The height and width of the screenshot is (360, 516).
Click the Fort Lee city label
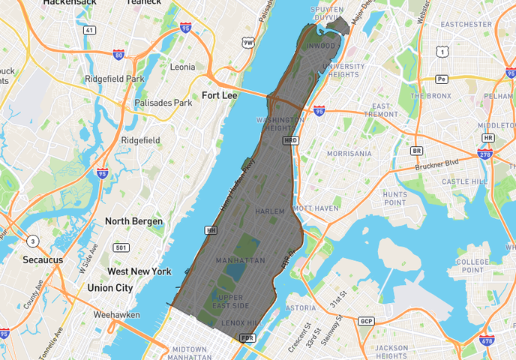(x=219, y=95)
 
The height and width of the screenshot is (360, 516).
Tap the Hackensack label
(x=70, y=3)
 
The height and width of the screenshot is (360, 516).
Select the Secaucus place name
(x=42, y=259)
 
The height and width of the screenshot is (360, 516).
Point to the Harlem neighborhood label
(x=270, y=211)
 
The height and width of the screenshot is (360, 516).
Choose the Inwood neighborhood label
(x=322, y=46)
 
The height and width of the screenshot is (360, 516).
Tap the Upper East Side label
(x=229, y=301)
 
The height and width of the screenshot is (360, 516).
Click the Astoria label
(x=301, y=307)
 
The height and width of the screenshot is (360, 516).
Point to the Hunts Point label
(x=395, y=198)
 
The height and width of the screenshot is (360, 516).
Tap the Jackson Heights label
(x=392, y=352)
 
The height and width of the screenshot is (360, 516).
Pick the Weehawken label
(x=117, y=316)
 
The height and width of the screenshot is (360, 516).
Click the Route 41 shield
(x=90, y=30)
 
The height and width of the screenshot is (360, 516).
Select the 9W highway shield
(x=248, y=43)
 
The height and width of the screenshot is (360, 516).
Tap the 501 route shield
(x=121, y=247)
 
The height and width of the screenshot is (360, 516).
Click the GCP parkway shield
(x=366, y=322)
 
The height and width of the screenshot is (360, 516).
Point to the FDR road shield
(x=247, y=338)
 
